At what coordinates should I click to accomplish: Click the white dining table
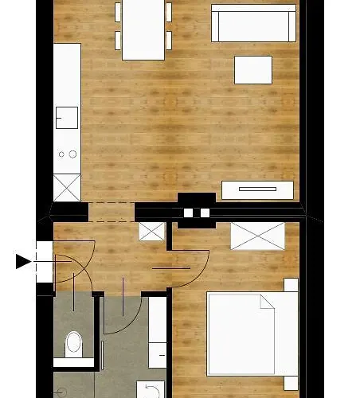click(x=143, y=30)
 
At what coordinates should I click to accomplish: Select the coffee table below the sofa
click(x=253, y=69)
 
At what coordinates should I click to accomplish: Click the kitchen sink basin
click(x=65, y=118)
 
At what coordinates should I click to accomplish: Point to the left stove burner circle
click(x=61, y=154)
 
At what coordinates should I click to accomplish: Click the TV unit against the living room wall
click(x=257, y=189)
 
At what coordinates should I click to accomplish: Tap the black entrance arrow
click(x=23, y=260)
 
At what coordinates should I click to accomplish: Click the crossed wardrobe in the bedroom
click(x=257, y=236)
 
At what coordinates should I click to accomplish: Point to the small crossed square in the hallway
click(x=151, y=232)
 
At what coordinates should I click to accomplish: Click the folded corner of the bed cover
click(x=267, y=302)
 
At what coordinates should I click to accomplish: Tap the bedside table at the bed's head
click(x=291, y=285)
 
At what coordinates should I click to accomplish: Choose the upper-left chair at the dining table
click(x=119, y=12)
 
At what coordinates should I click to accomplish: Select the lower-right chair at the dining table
click(x=169, y=41)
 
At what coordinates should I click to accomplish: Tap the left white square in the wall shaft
click(x=189, y=213)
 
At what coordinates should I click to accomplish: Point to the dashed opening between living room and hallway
click(x=112, y=212)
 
